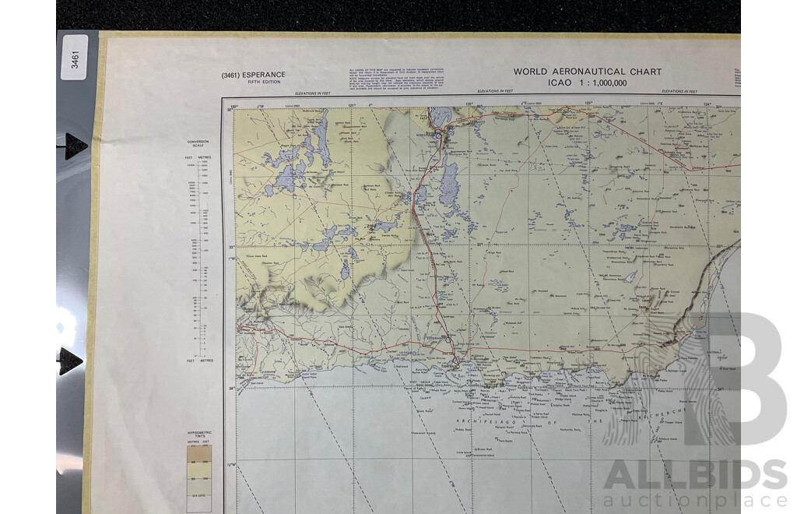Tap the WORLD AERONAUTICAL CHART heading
[x=587, y=72]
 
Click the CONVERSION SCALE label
[x=198, y=144]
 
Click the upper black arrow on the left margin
[x=75, y=145]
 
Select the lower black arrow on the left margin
[x=70, y=361]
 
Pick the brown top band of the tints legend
[x=199, y=452]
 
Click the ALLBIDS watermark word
[x=695, y=476]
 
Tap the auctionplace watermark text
[x=695, y=500]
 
